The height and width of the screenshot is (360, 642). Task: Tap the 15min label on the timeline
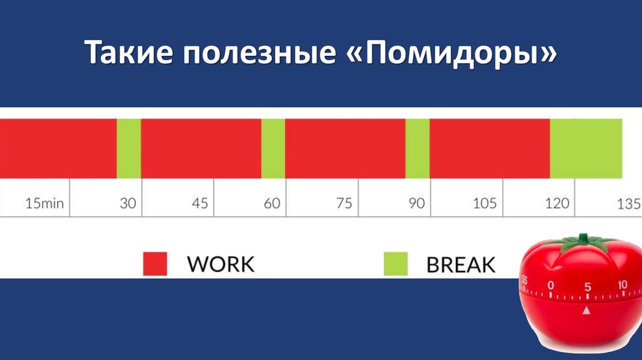click(45, 204)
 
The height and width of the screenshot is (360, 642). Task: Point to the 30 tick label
click(128, 204)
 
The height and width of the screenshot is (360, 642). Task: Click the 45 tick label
click(200, 204)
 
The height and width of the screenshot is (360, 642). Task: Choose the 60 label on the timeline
click(271, 204)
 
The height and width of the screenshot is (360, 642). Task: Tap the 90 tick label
click(416, 204)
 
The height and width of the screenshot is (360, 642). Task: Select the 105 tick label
click(485, 204)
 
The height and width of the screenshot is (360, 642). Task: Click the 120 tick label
click(557, 204)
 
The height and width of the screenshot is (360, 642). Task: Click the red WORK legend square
click(155, 263)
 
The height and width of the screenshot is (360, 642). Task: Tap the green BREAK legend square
click(396, 263)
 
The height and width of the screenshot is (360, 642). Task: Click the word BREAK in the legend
click(461, 264)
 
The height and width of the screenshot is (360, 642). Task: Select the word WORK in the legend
click(221, 264)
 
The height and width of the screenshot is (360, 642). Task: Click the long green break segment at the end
click(586, 148)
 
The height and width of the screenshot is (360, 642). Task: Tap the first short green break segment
click(129, 148)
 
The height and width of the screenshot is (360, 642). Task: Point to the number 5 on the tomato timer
click(587, 287)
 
